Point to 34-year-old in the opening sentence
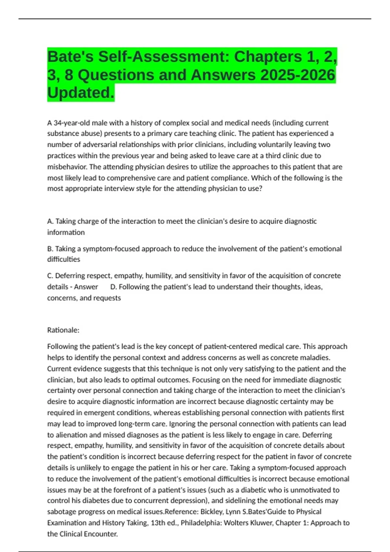coord(71,123)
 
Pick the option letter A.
coord(50,221)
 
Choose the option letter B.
coord(50,249)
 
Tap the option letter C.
coord(50,276)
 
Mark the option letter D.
coord(113,287)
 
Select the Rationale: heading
coord(63,330)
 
